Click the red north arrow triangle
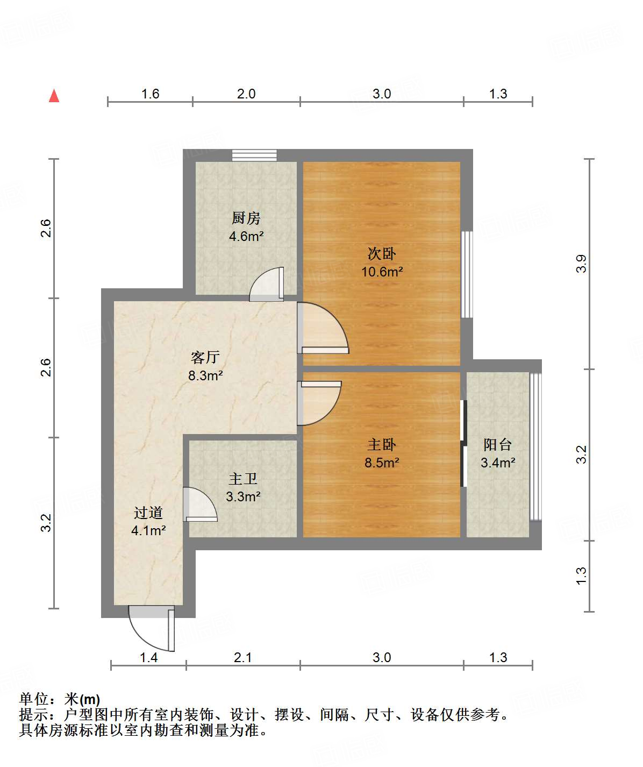point(54,96)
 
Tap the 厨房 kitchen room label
point(246,218)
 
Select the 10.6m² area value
point(382,272)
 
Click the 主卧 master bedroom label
point(382,444)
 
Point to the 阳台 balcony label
point(497,444)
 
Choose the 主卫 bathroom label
point(243,478)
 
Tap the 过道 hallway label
point(148,513)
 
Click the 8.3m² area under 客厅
point(205,375)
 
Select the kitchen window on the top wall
point(254,155)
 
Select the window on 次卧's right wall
point(467,274)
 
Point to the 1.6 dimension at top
point(150,94)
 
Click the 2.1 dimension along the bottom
point(243,657)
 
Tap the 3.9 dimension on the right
point(581,264)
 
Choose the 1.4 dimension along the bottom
point(148,657)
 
